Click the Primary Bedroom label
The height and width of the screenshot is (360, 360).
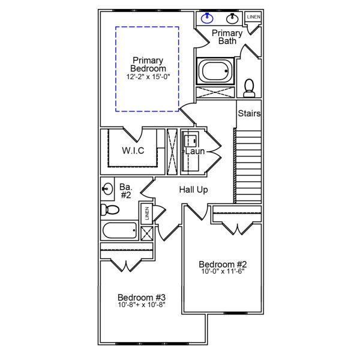[147, 65]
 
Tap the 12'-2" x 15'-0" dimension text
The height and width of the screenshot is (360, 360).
[147, 77]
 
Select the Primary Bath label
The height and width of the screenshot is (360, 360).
[227, 37]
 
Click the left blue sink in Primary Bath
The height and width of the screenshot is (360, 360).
[208, 17]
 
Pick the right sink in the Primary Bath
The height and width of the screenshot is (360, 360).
[233, 18]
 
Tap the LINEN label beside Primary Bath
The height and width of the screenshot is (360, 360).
[253, 17]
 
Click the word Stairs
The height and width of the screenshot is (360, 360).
[249, 113]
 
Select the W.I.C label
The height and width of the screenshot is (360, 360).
[133, 150]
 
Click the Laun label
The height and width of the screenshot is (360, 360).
[195, 152]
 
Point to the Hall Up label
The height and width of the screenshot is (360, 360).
[194, 190]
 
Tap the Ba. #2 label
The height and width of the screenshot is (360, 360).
[125, 190]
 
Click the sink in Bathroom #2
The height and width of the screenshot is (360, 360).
[107, 190]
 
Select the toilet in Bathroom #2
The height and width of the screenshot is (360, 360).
[109, 210]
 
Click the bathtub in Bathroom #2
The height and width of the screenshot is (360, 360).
[120, 230]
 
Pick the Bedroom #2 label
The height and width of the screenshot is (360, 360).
[223, 264]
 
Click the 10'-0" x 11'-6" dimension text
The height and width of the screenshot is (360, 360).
[223, 271]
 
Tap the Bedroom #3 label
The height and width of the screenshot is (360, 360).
[141, 298]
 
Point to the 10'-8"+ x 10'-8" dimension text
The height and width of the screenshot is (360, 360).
[141, 305]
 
